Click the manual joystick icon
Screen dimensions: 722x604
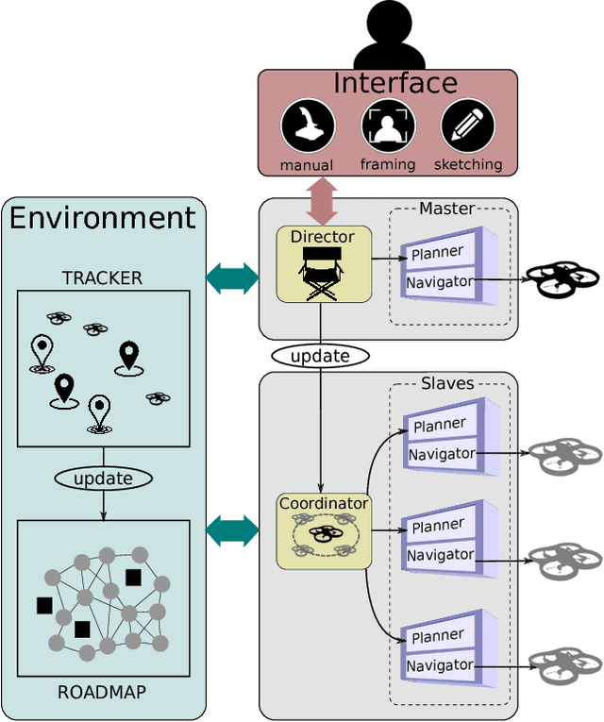(x=308, y=126)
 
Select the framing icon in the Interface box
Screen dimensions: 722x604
(x=388, y=126)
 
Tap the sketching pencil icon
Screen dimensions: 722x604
(x=468, y=126)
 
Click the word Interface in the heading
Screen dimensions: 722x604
(x=394, y=83)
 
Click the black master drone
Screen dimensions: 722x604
(x=562, y=279)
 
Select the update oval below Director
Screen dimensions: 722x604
(x=320, y=356)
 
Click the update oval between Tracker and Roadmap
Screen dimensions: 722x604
(x=103, y=479)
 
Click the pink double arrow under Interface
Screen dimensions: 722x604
(x=322, y=200)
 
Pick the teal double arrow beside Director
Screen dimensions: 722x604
(x=232, y=277)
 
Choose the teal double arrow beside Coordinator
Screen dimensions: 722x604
(x=232, y=530)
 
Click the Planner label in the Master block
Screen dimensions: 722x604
(x=437, y=253)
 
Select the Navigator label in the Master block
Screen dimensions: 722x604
(x=440, y=281)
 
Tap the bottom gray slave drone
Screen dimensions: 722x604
(x=563, y=664)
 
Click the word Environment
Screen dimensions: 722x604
(x=103, y=218)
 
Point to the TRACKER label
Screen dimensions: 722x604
(x=102, y=277)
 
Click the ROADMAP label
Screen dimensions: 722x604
(x=102, y=692)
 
